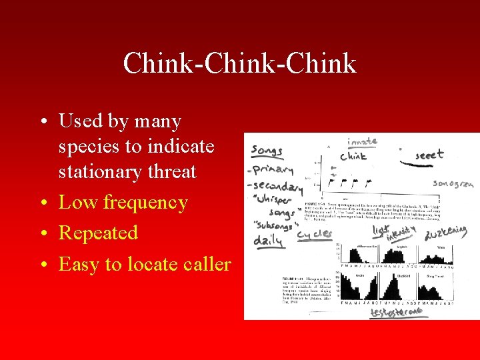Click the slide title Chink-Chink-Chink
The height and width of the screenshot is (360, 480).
(239, 63)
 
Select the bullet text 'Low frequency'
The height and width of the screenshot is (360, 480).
(123, 202)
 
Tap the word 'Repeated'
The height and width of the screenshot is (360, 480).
(98, 233)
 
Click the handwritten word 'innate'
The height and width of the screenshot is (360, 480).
(362, 141)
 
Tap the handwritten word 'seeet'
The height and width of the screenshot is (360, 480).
(429, 154)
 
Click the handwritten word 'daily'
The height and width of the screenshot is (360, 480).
(269, 241)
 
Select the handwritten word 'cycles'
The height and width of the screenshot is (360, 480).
(314, 234)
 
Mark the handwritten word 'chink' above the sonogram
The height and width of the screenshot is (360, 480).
(353, 157)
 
